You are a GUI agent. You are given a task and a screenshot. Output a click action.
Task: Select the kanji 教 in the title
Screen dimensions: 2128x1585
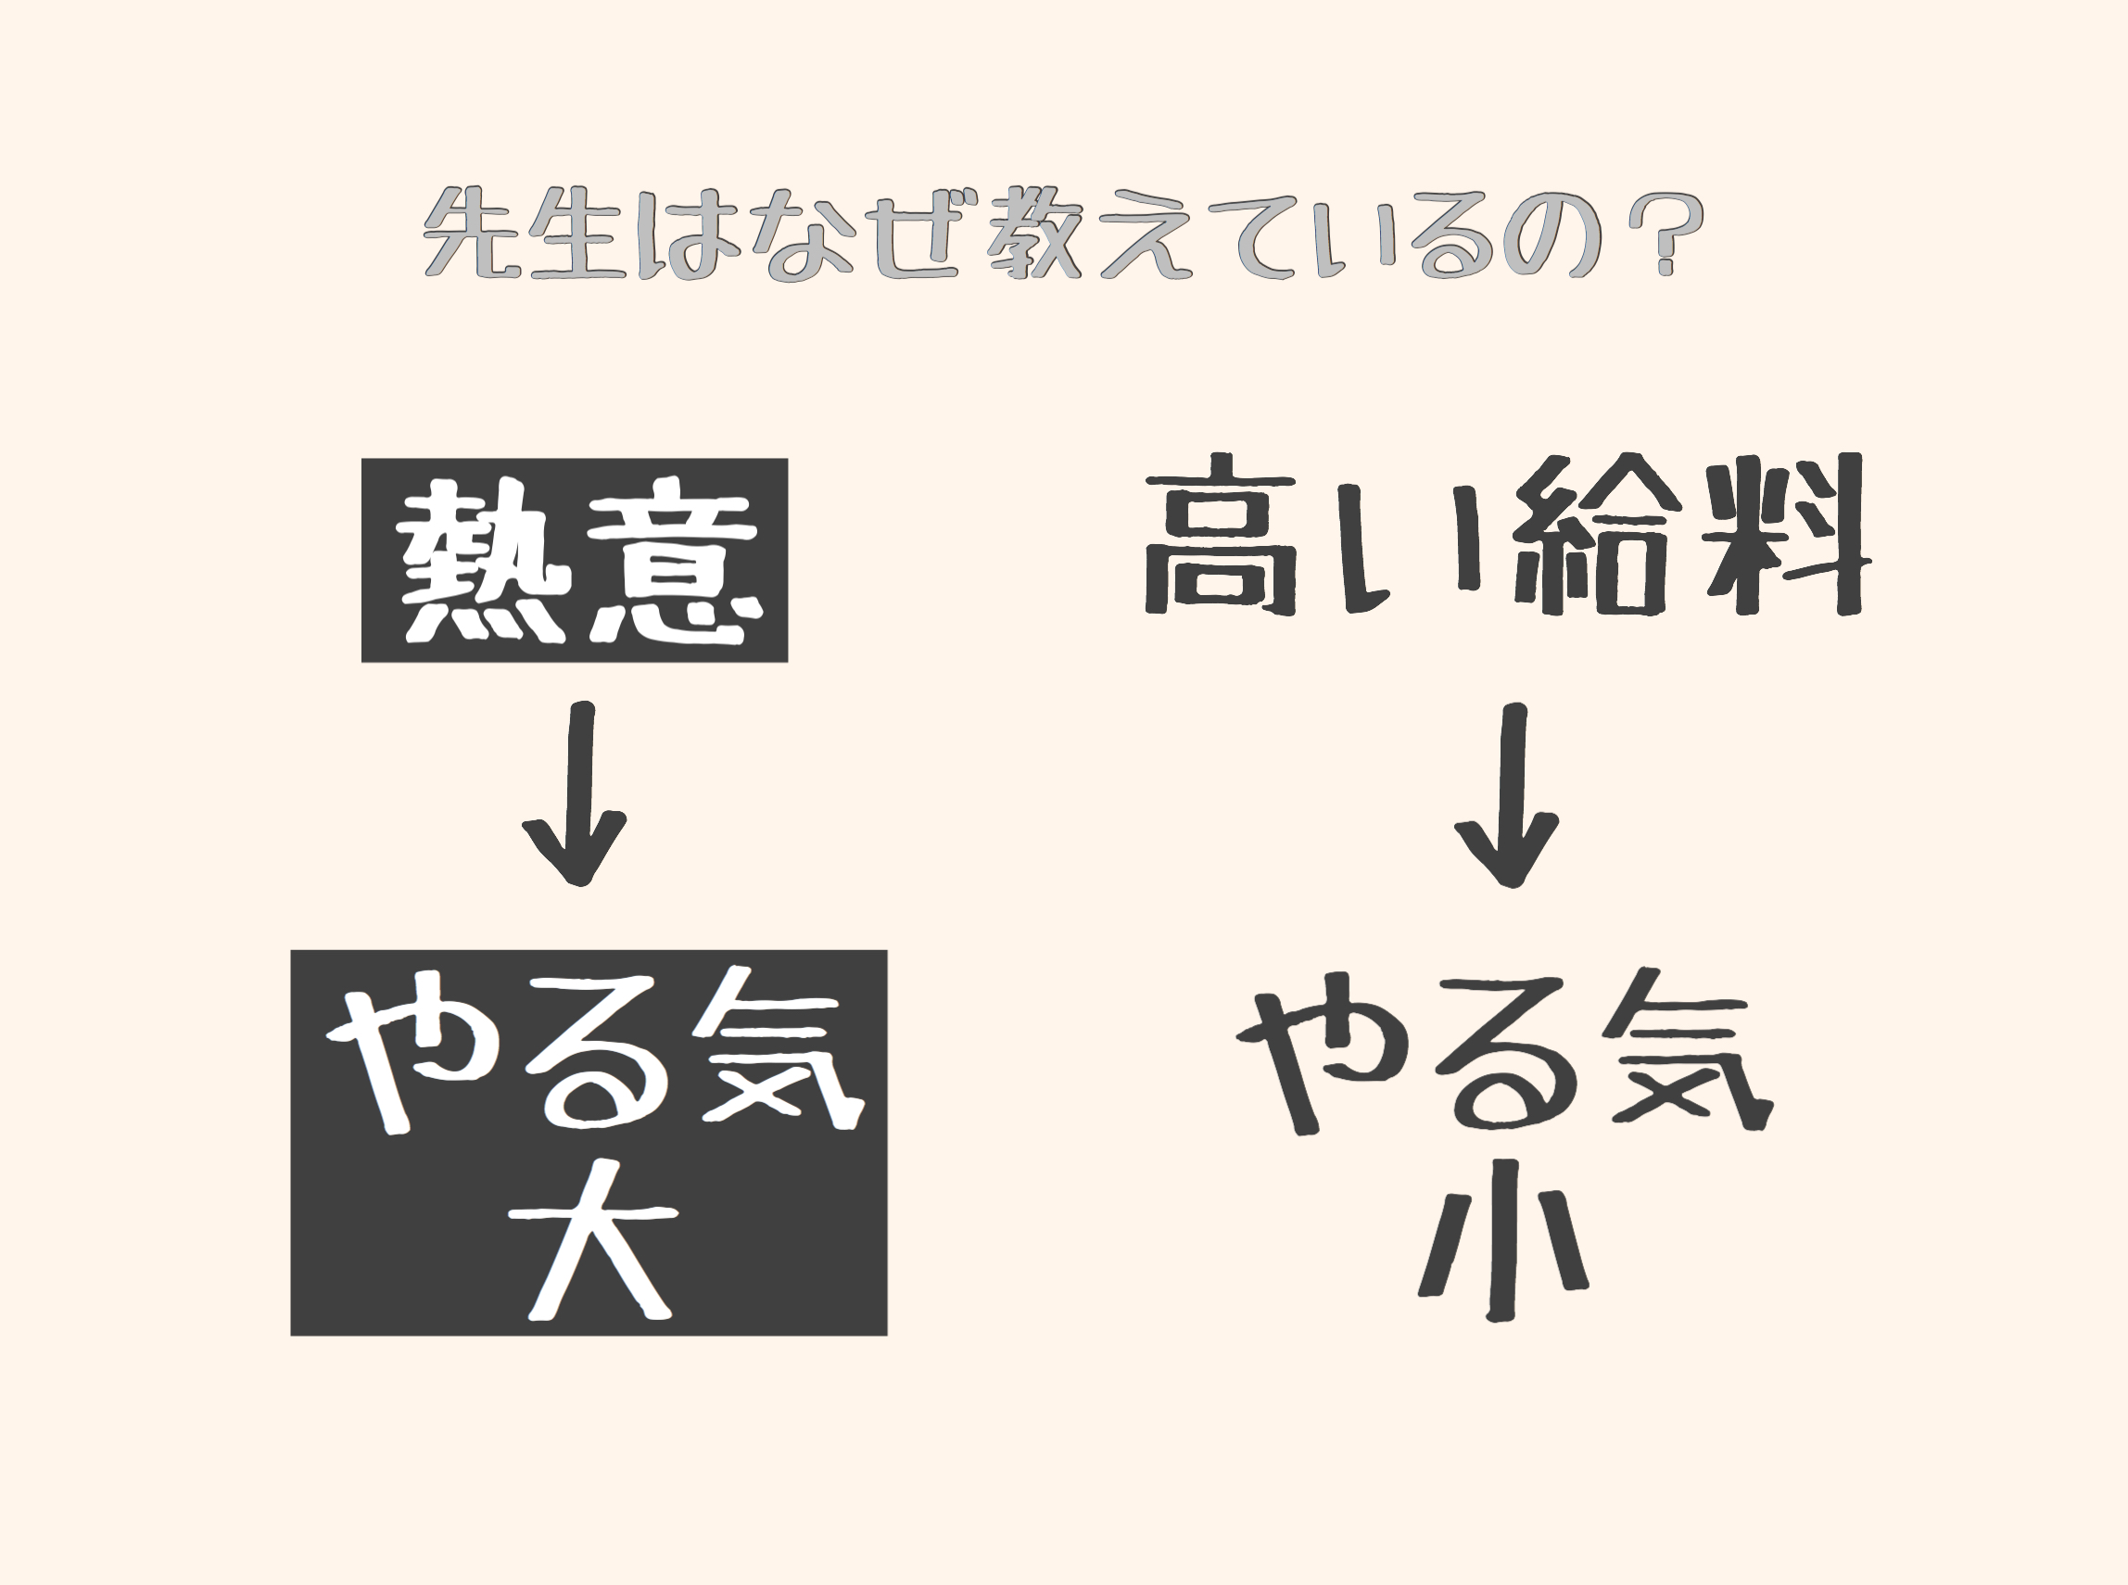click(x=1034, y=234)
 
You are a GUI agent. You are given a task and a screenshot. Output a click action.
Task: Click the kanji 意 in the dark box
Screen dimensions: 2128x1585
click(x=671, y=561)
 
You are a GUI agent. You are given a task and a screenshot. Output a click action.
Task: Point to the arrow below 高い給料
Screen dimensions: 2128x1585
click(x=1507, y=794)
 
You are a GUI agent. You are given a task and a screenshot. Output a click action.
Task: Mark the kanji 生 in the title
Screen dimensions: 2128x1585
click(x=576, y=234)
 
